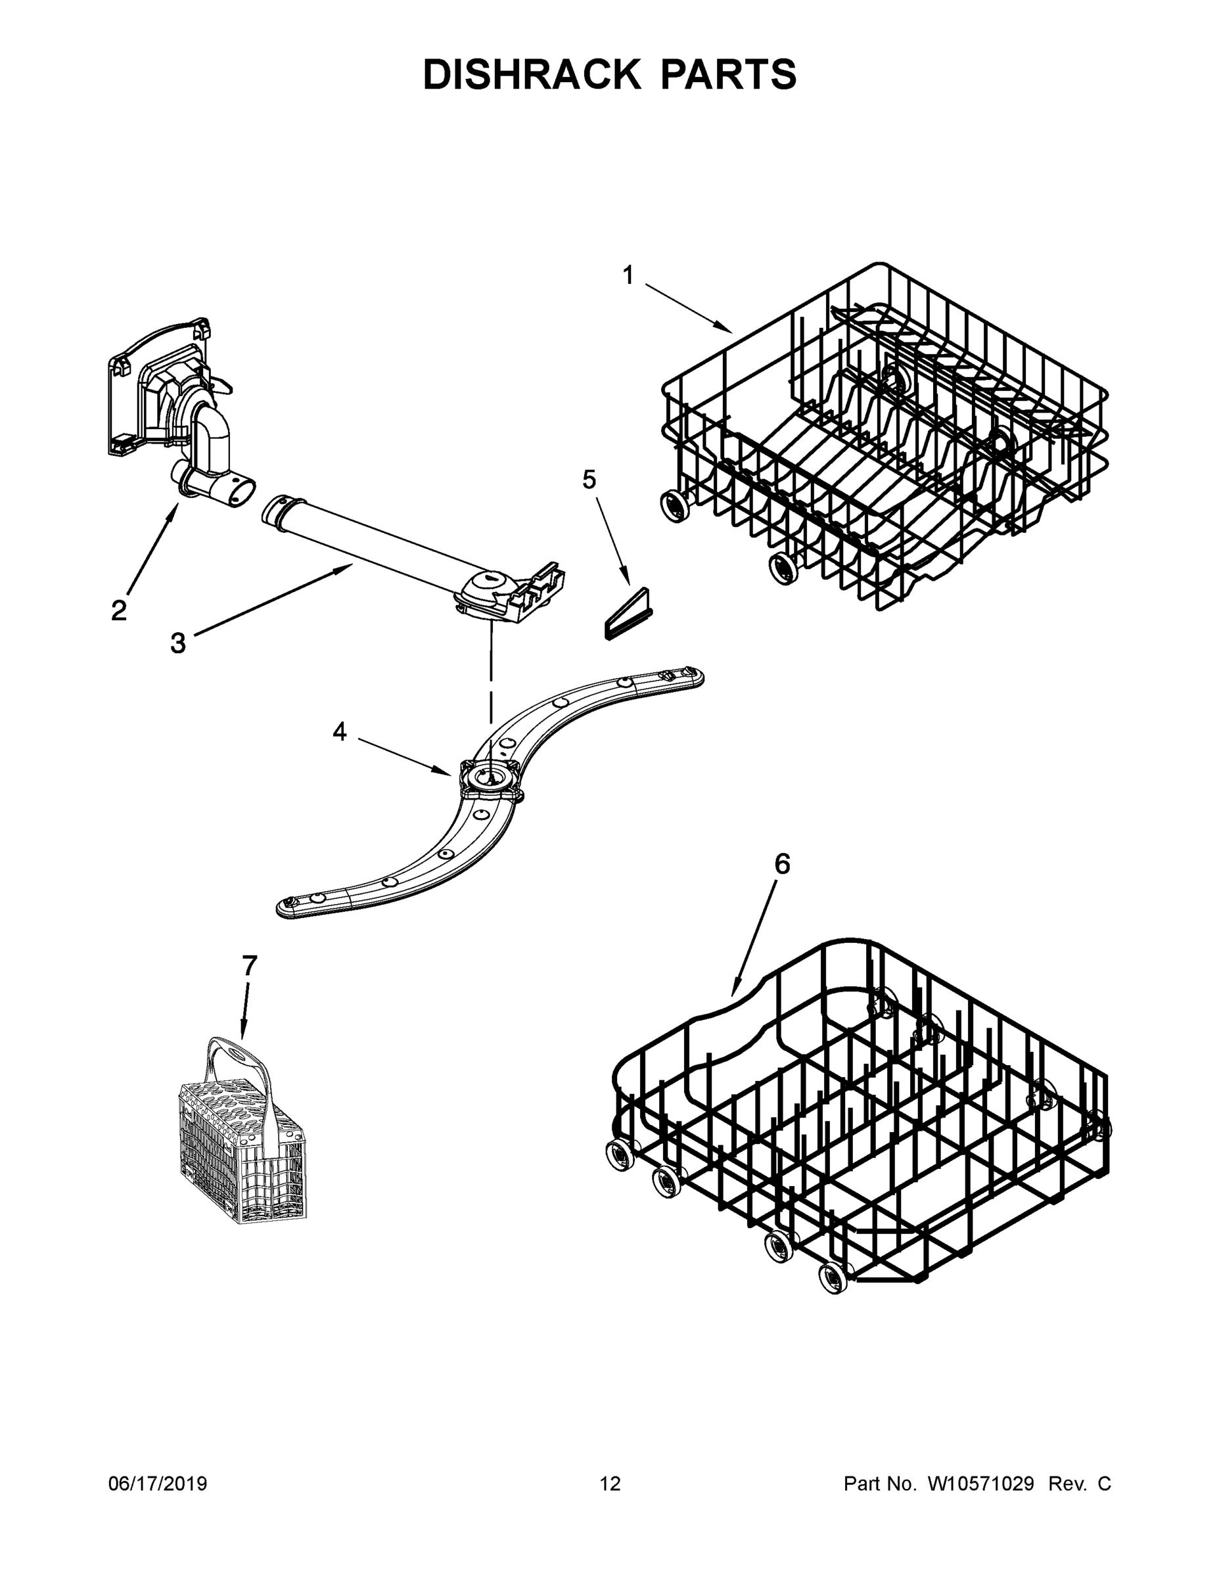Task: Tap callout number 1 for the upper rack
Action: (628, 275)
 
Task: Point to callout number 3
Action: (177, 642)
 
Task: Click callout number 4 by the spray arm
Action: (339, 731)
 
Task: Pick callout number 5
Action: (589, 479)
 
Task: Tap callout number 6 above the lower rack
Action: (782, 863)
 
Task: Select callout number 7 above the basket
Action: (249, 965)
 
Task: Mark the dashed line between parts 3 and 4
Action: (491, 672)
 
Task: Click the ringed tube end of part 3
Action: (275, 511)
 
